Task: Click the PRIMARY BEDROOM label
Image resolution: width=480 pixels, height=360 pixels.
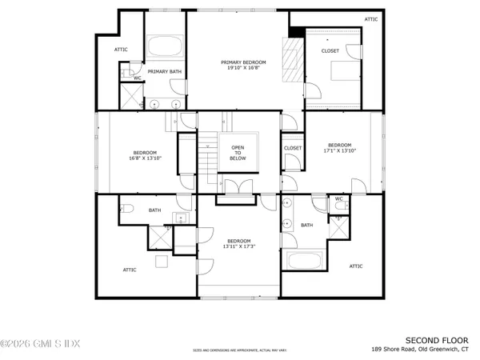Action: [x=243, y=62]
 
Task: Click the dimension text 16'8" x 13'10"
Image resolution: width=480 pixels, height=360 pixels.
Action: [x=145, y=158]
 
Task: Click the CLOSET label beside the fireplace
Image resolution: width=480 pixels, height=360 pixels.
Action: [x=330, y=51]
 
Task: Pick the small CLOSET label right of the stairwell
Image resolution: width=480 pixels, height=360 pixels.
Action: [x=293, y=148]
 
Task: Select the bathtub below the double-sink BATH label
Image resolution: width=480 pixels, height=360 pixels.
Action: [x=304, y=260]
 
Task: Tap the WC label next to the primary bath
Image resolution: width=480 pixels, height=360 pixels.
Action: [x=137, y=78]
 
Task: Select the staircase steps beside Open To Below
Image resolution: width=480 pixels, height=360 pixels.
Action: [x=210, y=156]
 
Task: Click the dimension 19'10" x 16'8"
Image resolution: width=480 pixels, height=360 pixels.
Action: [x=243, y=69]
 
